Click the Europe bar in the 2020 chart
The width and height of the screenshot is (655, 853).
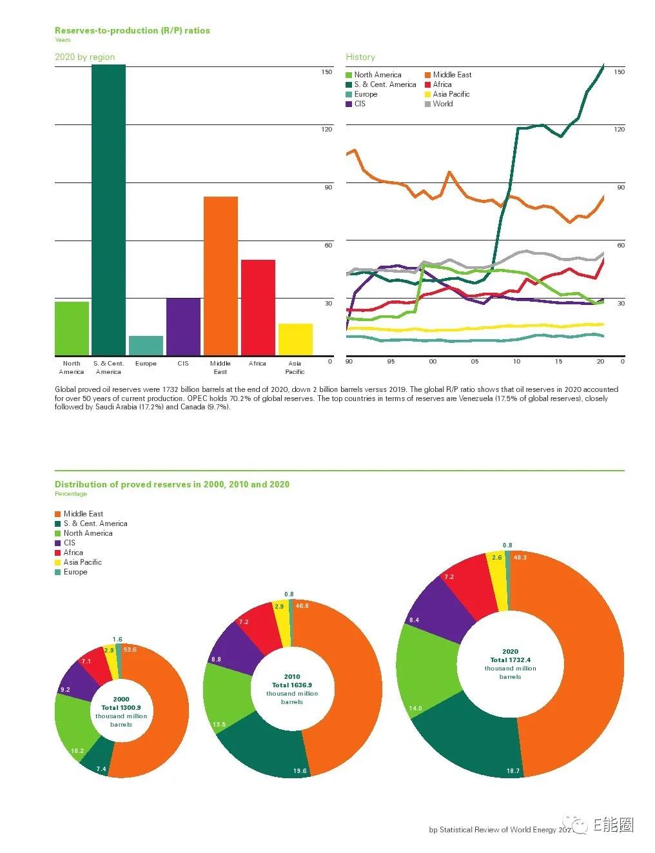point(146,346)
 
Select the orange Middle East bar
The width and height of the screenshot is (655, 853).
point(220,276)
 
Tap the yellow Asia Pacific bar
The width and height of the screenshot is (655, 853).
point(295,340)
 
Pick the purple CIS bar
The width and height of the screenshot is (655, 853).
point(183,327)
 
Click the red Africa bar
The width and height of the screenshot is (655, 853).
point(258,308)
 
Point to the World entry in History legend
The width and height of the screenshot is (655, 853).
point(439,104)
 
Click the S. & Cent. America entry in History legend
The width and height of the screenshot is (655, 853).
point(380,84)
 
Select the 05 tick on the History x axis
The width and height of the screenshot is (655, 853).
point(474,362)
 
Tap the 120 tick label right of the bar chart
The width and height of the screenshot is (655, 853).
point(326,129)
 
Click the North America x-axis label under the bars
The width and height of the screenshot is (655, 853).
point(72,368)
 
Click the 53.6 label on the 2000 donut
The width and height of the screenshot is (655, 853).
point(130,650)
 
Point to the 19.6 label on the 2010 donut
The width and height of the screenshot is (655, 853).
point(300,770)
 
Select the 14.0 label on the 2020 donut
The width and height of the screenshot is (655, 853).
point(415,708)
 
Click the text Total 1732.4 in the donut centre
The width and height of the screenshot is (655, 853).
point(510,660)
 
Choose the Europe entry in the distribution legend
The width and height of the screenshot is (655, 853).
point(71,572)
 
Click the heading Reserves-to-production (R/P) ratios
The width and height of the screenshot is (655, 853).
point(132,30)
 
